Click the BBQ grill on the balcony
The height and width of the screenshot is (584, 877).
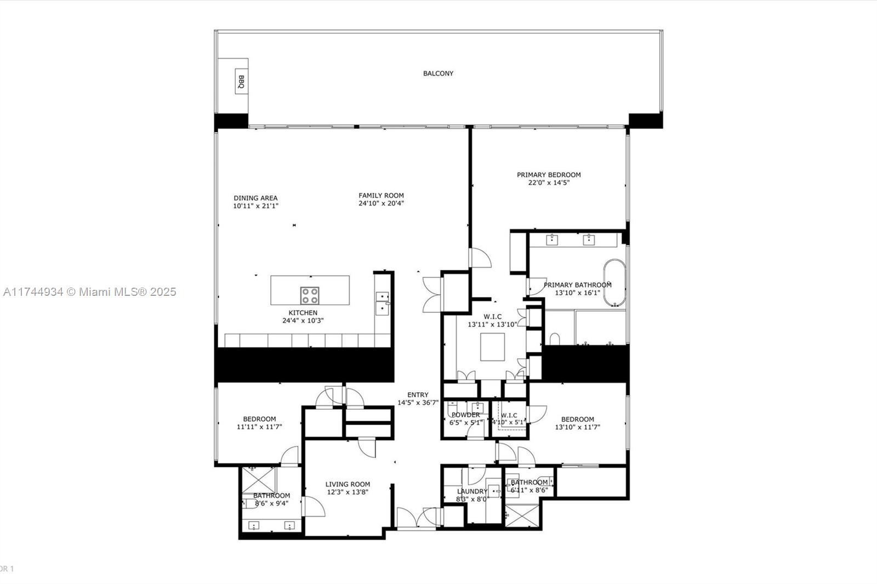click(241, 82)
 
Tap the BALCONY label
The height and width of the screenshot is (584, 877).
click(438, 73)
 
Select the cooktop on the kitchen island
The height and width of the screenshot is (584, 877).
click(309, 295)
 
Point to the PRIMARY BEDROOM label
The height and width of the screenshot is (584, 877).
click(549, 175)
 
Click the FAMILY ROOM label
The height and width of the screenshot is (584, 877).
click(381, 195)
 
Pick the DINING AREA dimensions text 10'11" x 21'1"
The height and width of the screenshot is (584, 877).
click(255, 206)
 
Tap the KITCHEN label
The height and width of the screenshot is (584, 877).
click(303, 313)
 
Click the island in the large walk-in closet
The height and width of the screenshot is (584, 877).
click(492, 347)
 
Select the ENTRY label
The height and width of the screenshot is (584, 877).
click(418, 394)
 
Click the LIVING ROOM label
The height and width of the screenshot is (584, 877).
click(348, 484)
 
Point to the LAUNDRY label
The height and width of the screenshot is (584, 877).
click(471, 491)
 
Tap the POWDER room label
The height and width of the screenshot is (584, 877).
click(465, 415)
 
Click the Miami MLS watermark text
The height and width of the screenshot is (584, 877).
click(90, 292)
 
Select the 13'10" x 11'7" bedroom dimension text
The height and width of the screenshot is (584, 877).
click(577, 427)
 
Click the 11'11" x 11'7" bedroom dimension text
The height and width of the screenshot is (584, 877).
click(259, 427)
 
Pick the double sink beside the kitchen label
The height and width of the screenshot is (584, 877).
click(382, 302)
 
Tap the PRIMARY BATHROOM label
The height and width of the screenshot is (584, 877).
click(577, 285)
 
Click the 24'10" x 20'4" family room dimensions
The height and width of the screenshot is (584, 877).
click(381, 203)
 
